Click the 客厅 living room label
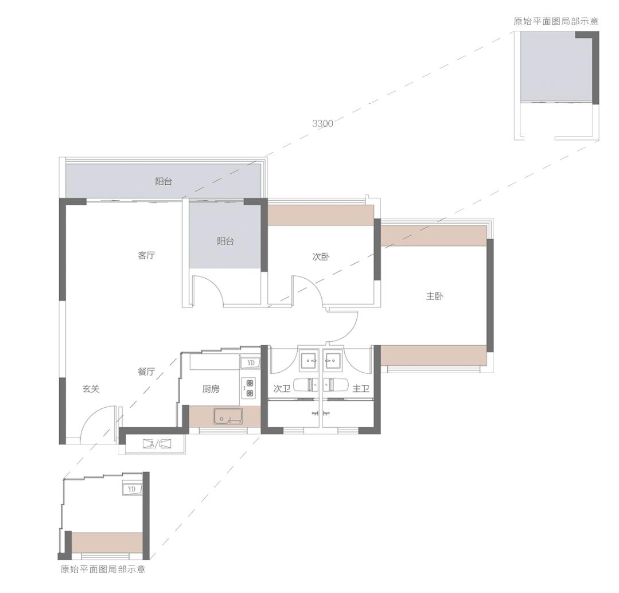pyautogui.click(x=146, y=255)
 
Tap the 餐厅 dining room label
pyautogui.click(x=146, y=371)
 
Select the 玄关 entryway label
pyautogui.click(x=91, y=389)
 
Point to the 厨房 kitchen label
pyautogui.click(x=211, y=389)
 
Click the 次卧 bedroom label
pyautogui.click(x=321, y=257)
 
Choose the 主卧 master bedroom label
pyautogui.click(x=435, y=296)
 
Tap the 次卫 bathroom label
pyautogui.click(x=282, y=389)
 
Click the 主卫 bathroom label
pyautogui.click(x=361, y=389)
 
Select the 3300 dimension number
pyautogui.click(x=322, y=123)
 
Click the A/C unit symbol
pyautogui.click(x=157, y=444)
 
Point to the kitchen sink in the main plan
pyautogui.click(x=228, y=416)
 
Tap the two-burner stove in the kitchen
pyautogui.click(x=249, y=388)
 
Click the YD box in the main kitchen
pyautogui.click(x=251, y=362)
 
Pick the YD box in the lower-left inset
pyautogui.click(x=132, y=489)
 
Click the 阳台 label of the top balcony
pyautogui.click(x=163, y=181)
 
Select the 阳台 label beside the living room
pyautogui.click(x=225, y=241)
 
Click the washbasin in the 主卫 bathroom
pyautogui.click(x=334, y=360)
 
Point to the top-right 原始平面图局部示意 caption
pyautogui.click(x=556, y=21)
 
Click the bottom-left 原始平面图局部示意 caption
pyautogui.click(x=103, y=569)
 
